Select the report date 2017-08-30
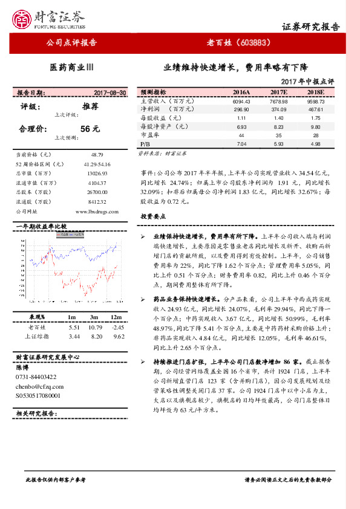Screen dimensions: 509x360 (110, 92)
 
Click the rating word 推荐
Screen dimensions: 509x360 (90, 106)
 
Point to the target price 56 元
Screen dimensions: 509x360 (90, 128)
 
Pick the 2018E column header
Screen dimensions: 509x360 (315, 92)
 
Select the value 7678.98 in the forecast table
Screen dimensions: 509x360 (278, 102)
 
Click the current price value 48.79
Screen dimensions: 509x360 (97, 155)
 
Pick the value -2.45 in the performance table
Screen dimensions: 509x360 (118, 326)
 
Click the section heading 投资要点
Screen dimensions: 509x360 (153, 216)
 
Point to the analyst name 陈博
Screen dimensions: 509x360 (22, 367)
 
